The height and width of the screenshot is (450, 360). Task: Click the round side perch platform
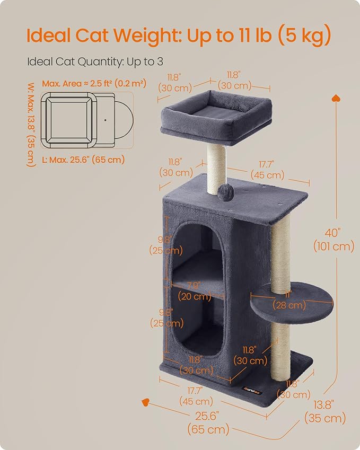pyautogui.click(x=292, y=302)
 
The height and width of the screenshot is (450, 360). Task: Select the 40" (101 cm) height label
pyautogui.click(x=333, y=240)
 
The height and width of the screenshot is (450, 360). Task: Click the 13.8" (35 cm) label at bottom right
pyautogui.click(x=325, y=412)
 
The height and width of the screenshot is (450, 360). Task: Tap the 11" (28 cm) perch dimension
pyautogui.click(x=289, y=300)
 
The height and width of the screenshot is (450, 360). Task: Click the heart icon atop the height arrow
pyautogui.click(x=336, y=98)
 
